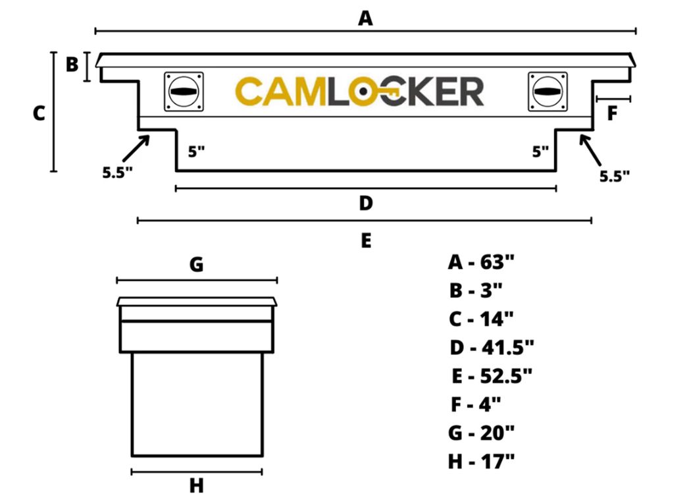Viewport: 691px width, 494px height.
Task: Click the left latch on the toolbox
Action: pos(184,92)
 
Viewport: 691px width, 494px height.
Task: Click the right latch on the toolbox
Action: pos(548,92)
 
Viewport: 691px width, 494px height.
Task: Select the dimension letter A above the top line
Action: pos(365,18)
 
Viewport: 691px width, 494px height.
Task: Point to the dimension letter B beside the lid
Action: pos(72,65)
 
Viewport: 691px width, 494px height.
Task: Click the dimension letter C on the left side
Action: pos(39,113)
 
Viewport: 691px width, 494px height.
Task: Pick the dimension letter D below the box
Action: pos(366,203)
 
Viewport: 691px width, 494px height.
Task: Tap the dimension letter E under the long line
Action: pos(366,241)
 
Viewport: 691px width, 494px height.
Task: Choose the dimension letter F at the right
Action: pos(611,113)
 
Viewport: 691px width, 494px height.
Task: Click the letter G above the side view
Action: pos(197,265)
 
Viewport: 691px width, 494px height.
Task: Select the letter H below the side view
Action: pos(197,485)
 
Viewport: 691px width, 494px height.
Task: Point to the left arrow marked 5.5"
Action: pos(136,149)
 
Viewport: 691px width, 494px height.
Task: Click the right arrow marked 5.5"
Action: pos(590,150)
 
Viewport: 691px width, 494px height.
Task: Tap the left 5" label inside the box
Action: pos(197,151)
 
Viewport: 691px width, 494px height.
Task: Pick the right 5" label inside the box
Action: pos(540,151)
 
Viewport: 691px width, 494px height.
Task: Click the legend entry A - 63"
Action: pos(481,262)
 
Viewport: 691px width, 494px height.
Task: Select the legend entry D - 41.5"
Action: pos(492,348)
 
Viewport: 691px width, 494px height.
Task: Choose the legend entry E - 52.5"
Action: pos(492,376)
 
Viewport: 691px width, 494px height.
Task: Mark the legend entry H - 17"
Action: pos(481,462)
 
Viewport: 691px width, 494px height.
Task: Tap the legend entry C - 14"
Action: pos(481,319)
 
